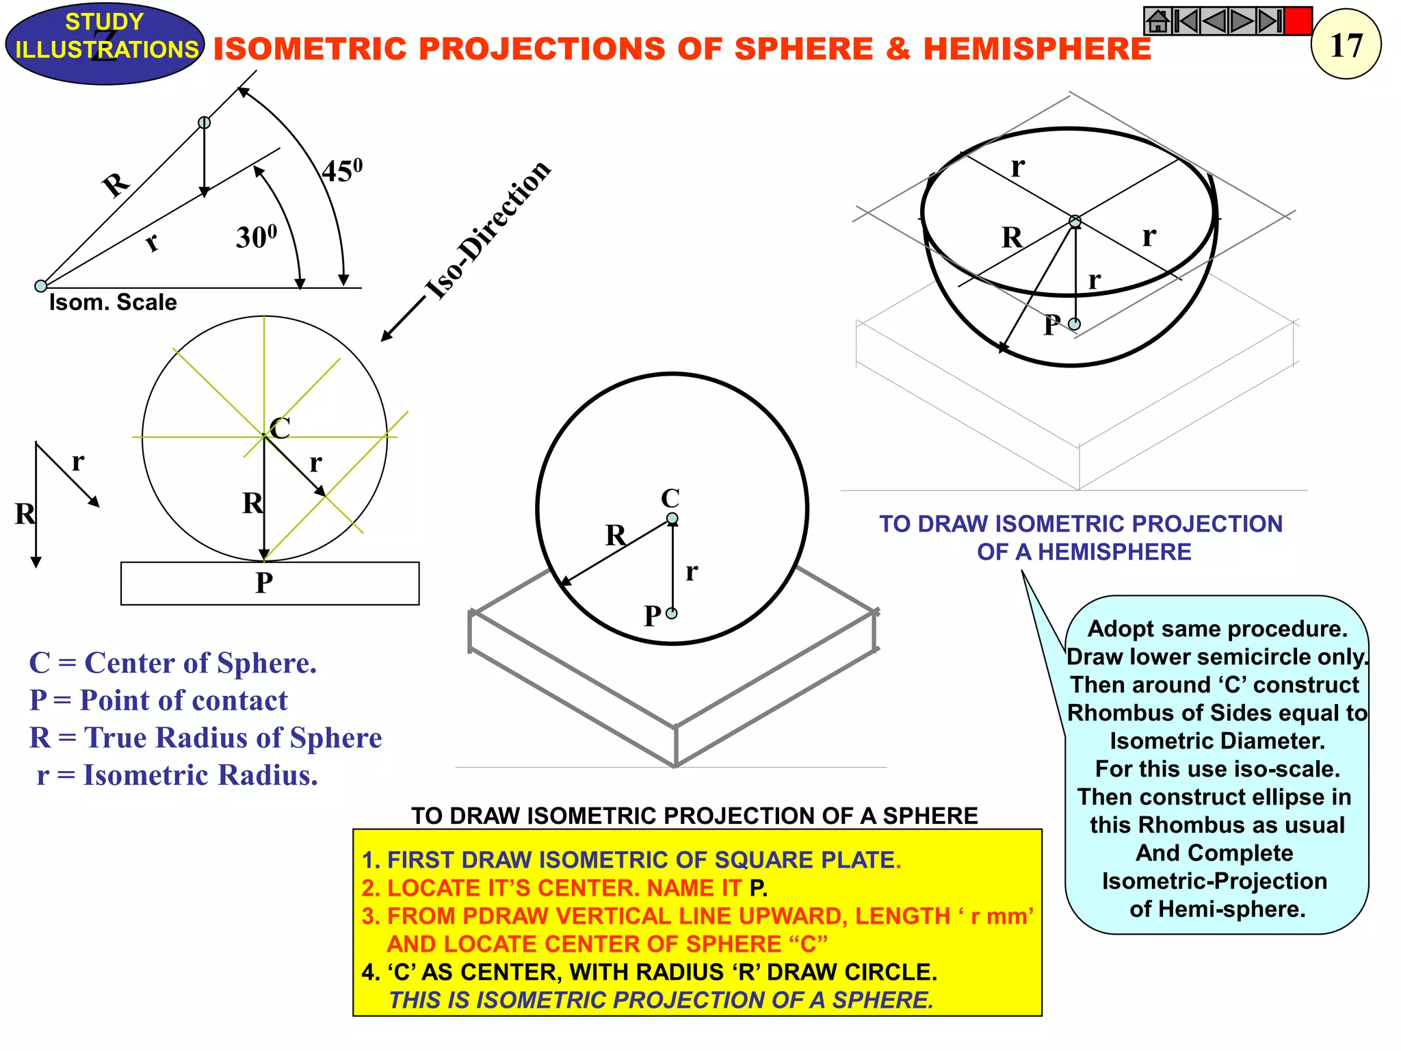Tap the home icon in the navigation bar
(1157, 21)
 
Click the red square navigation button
(1298, 21)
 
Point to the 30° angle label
(257, 237)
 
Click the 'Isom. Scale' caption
(113, 302)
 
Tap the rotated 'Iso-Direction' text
(488, 230)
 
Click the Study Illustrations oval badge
(105, 42)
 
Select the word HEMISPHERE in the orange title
(1037, 49)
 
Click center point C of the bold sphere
(672, 519)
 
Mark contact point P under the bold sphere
(672, 614)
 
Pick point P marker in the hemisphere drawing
(1075, 324)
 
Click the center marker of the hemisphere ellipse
(1075, 222)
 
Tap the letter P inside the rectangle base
(264, 583)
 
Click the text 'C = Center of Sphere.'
(173, 663)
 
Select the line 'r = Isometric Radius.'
(177, 775)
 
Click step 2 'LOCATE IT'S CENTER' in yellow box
(564, 888)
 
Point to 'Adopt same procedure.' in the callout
(1217, 629)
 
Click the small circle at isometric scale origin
(41, 286)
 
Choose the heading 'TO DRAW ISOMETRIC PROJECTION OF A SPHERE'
(694, 816)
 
